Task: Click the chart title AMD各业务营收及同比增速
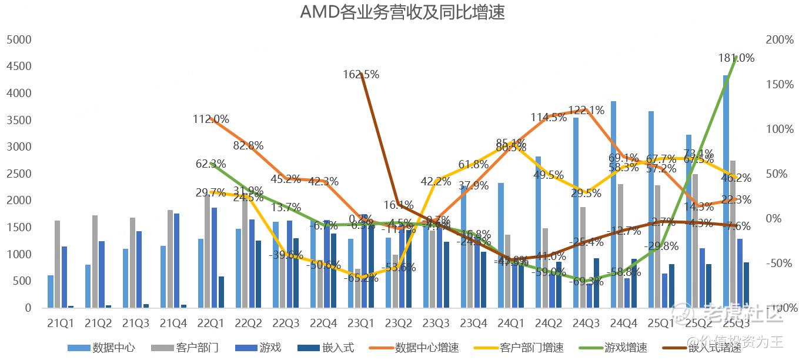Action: (x=403, y=12)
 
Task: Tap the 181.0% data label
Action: (x=736, y=58)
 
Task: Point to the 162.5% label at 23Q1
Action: (x=361, y=75)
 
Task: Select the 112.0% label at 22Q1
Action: (x=210, y=119)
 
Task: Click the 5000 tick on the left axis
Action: (x=19, y=39)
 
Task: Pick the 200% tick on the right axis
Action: (x=780, y=39)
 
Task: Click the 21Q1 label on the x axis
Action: (x=61, y=323)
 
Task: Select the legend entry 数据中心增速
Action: (x=427, y=348)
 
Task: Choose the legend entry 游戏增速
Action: (x=627, y=348)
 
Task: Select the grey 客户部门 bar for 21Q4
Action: (x=171, y=259)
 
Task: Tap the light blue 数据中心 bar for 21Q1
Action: (x=51, y=292)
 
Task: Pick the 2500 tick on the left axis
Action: (x=19, y=174)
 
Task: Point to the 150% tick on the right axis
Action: (x=780, y=84)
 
